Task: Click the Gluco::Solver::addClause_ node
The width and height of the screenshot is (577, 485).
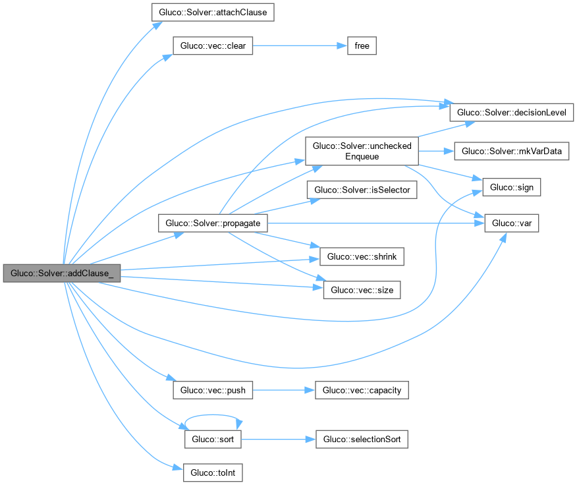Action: coord(62,273)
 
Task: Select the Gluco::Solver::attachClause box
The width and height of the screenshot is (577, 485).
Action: coord(213,12)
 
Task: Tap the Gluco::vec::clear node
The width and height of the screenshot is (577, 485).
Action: coord(213,45)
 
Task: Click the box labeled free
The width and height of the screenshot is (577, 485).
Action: coord(362,45)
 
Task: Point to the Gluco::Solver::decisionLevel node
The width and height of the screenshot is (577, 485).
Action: coord(512,112)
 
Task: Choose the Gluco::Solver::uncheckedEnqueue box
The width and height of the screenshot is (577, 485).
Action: coord(362,151)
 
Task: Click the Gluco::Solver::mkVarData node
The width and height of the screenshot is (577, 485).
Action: coord(512,151)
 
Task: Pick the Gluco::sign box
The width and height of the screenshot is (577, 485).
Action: coord(512,187)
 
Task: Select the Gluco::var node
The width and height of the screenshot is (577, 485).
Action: coord(512,223)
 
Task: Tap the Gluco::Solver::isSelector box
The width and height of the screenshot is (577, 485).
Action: coord(362,190)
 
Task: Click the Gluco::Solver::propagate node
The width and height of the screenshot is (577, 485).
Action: coord(213,223)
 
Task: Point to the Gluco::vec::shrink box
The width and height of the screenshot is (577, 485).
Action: coord(362,257)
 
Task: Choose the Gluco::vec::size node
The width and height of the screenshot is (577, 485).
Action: coord(362,290)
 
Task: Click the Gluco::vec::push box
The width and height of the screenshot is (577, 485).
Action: coord(213,390)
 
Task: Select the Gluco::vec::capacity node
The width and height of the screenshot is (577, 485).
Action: coord(362,390)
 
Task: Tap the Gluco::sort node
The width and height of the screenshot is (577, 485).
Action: coord(213,440)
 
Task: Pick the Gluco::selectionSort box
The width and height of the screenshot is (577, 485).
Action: coord(362,440)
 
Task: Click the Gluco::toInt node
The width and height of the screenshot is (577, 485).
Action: coord(213,472)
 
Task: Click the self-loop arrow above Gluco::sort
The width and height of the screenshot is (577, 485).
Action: coord(213,415)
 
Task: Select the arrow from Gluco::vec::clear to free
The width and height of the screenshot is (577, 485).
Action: coord(300,45)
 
